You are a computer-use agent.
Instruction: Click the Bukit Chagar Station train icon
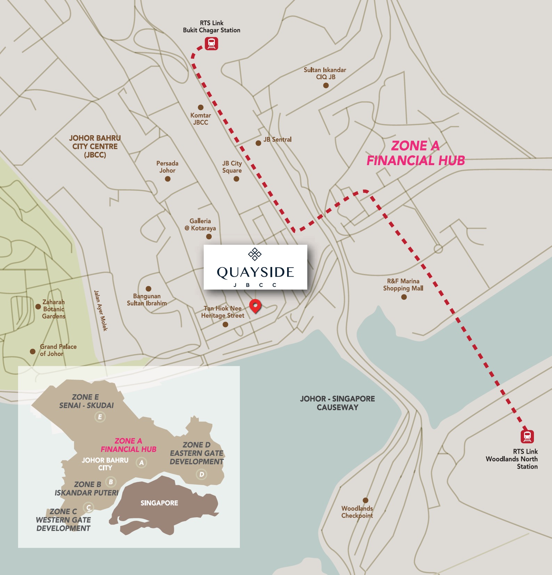coord(211,44)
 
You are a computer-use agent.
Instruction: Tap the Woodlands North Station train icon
coord(527,436)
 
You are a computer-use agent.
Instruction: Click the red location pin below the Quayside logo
coord(255,306)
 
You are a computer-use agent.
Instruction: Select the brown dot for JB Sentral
coord(258,143)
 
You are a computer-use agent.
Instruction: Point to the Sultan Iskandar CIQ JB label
coord(325,73)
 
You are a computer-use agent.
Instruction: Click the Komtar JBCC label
coord(201,119)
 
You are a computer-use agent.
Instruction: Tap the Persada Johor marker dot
coord(168,179)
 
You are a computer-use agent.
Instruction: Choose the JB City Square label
coord(232,167)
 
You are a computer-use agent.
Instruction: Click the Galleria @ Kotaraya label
coord(200,225)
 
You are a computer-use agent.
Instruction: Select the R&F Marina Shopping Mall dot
coord(404,297)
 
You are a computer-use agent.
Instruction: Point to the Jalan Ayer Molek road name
coord(100,310)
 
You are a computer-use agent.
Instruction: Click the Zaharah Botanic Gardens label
coord(54,309)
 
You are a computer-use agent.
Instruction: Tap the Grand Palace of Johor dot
coord(33,351)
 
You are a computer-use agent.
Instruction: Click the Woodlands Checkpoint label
coord(357,512)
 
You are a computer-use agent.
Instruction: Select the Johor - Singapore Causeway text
coord(337,403)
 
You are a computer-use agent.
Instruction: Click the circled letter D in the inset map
coord(201,474)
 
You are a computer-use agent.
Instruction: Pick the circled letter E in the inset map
coord(100,417)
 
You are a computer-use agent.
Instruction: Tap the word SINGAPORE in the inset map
coord(159,503)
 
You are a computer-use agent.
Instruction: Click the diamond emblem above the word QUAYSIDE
coord(255,254)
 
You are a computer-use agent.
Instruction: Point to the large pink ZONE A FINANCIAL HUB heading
coord(416,153)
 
